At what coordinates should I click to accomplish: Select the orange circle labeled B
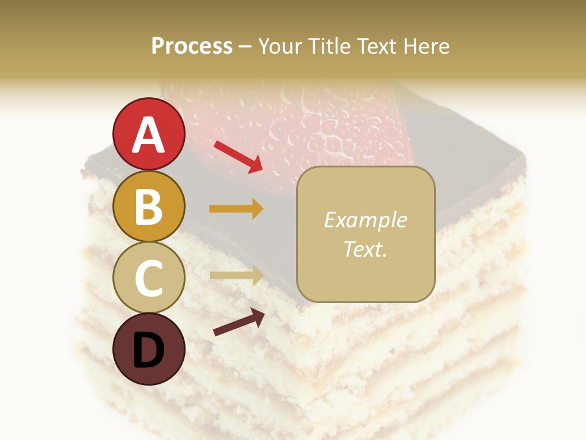[149, 207]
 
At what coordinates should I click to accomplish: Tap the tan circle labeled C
[149, 278]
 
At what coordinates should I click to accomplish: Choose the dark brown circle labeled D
[149, 349]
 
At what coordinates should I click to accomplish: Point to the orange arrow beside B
[236, 209]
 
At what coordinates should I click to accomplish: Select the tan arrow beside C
[236, 276]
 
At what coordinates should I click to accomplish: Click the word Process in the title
[192, 46]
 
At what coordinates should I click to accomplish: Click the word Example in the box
[365, 220]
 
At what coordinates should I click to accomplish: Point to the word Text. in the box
[365, 249]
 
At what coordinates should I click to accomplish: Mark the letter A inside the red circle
[149, 134]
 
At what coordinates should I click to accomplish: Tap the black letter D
[149, 350]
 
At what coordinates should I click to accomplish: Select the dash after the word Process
[245, 46]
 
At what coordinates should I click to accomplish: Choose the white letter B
[149, 207]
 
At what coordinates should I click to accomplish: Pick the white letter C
[149, 278]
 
